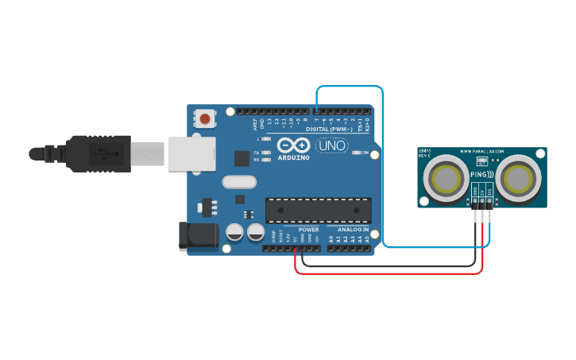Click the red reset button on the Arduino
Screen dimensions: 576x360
click(206, 119)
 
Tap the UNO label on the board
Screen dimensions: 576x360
click(331, 146)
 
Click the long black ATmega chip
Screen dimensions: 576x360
click(318, 209)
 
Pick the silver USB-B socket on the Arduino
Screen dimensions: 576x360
click(191, 153)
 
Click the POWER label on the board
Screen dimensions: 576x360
click(308, 229)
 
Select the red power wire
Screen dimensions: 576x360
click(389, 273)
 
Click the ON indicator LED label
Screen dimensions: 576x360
click(365, 153)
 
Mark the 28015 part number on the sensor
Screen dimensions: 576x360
click(425, 150)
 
